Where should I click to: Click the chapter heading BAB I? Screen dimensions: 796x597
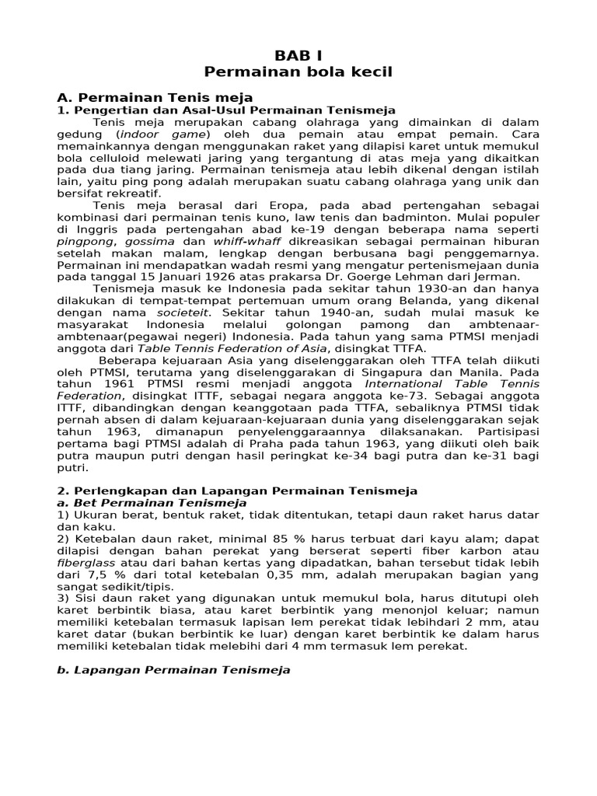click(298, 56)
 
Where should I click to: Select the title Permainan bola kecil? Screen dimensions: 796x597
click(298, 73)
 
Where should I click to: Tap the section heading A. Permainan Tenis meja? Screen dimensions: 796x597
click(155, 98)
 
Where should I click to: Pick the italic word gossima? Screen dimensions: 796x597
click(152, 241)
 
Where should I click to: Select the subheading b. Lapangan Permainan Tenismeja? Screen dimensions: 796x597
click(174, 669)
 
